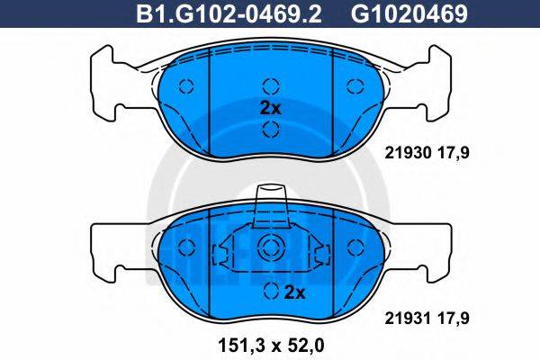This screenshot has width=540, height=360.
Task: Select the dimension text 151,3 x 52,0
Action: (x=269, y=343)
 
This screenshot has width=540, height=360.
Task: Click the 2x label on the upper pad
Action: (x=270, y=107)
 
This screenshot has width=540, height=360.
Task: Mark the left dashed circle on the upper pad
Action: (x=187, y=86)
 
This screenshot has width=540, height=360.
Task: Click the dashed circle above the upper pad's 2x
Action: (x=270, y=86)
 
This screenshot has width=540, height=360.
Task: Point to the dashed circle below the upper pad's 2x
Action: (x=270, y=129)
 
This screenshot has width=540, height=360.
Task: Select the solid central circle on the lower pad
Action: (x=270, y=250)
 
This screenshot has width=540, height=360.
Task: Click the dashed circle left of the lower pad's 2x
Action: (x=270, y=291)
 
